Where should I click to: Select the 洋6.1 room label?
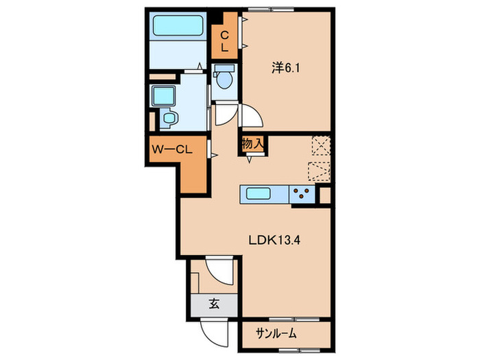287,67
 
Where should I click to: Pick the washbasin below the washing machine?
168,119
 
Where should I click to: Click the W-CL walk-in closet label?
171,148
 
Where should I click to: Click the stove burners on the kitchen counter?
300,194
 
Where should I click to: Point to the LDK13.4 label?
275,240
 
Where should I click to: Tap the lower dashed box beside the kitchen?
320,171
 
